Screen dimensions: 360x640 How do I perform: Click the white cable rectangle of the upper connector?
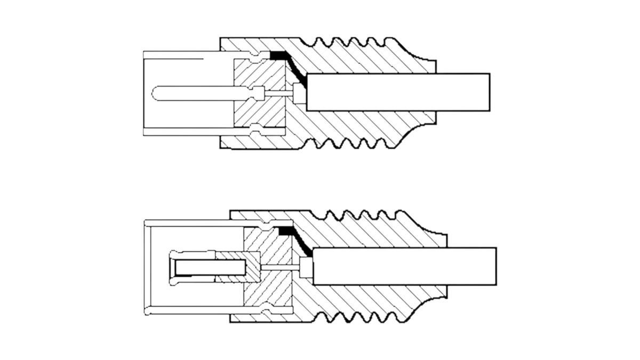pos(398,92)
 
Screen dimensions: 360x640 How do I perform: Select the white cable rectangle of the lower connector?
pos(404,266)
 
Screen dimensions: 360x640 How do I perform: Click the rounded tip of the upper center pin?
pos(156,92)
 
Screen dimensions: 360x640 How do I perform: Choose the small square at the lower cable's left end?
pos(306,267)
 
